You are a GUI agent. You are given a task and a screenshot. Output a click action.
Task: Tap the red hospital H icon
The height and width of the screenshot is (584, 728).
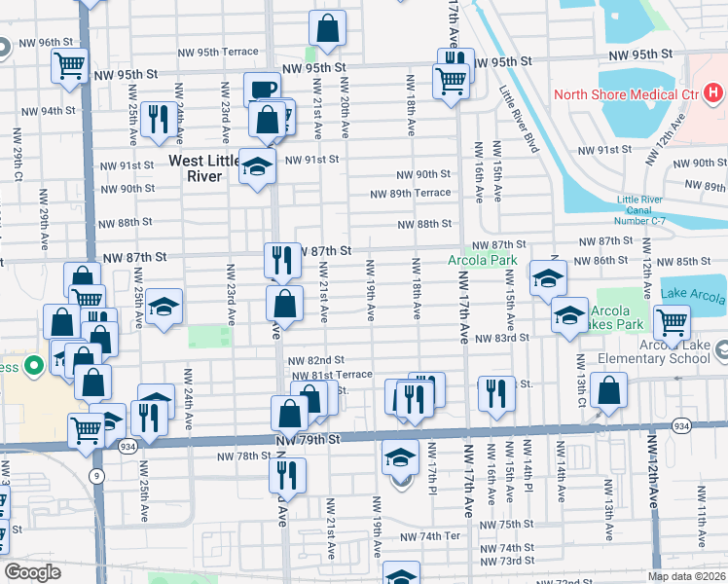click(713, 94)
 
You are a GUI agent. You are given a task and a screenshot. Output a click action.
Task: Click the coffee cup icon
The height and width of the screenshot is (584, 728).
click(262, 90)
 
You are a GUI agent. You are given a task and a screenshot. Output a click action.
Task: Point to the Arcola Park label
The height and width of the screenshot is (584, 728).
click(482, 261)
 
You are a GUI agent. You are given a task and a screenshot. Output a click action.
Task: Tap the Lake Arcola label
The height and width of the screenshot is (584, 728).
click(694, 294)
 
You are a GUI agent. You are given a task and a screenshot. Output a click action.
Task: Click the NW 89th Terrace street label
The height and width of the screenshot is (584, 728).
click(410, 193)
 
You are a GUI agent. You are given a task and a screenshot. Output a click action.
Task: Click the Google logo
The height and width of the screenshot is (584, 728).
click(32, 572)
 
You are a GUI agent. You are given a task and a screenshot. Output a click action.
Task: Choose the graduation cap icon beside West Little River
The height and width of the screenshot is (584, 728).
click(258, 166)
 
